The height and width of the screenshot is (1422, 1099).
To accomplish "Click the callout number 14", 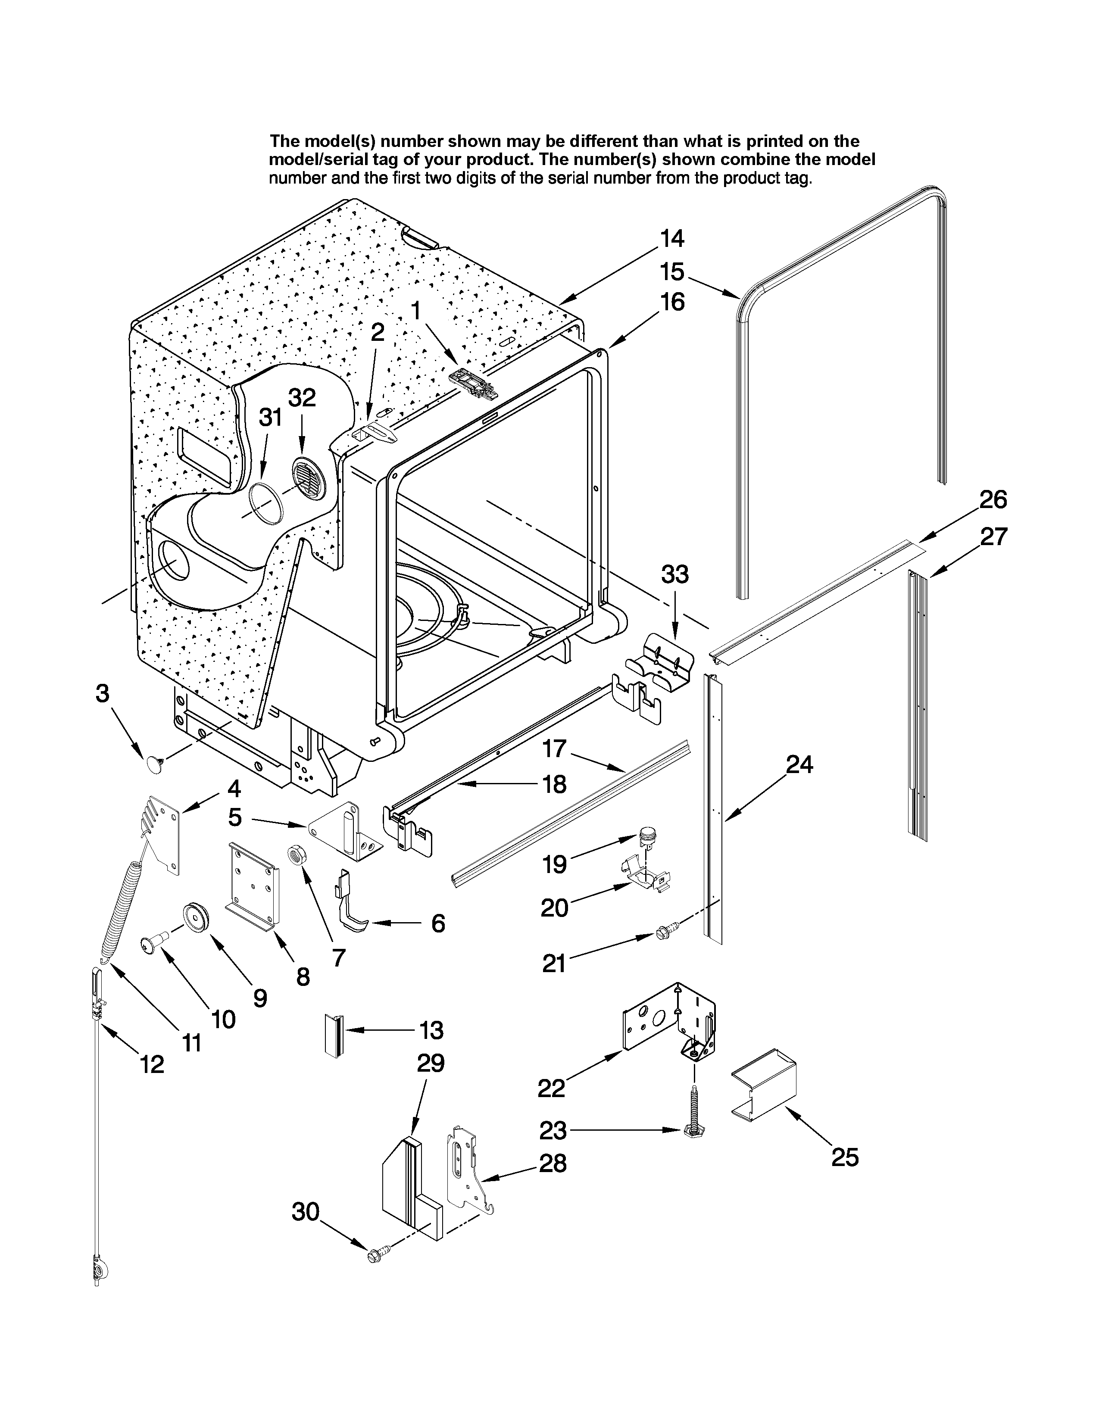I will [672, 239].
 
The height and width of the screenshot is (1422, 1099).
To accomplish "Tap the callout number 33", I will [675, 574].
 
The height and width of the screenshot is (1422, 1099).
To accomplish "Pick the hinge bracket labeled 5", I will [346, 831].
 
